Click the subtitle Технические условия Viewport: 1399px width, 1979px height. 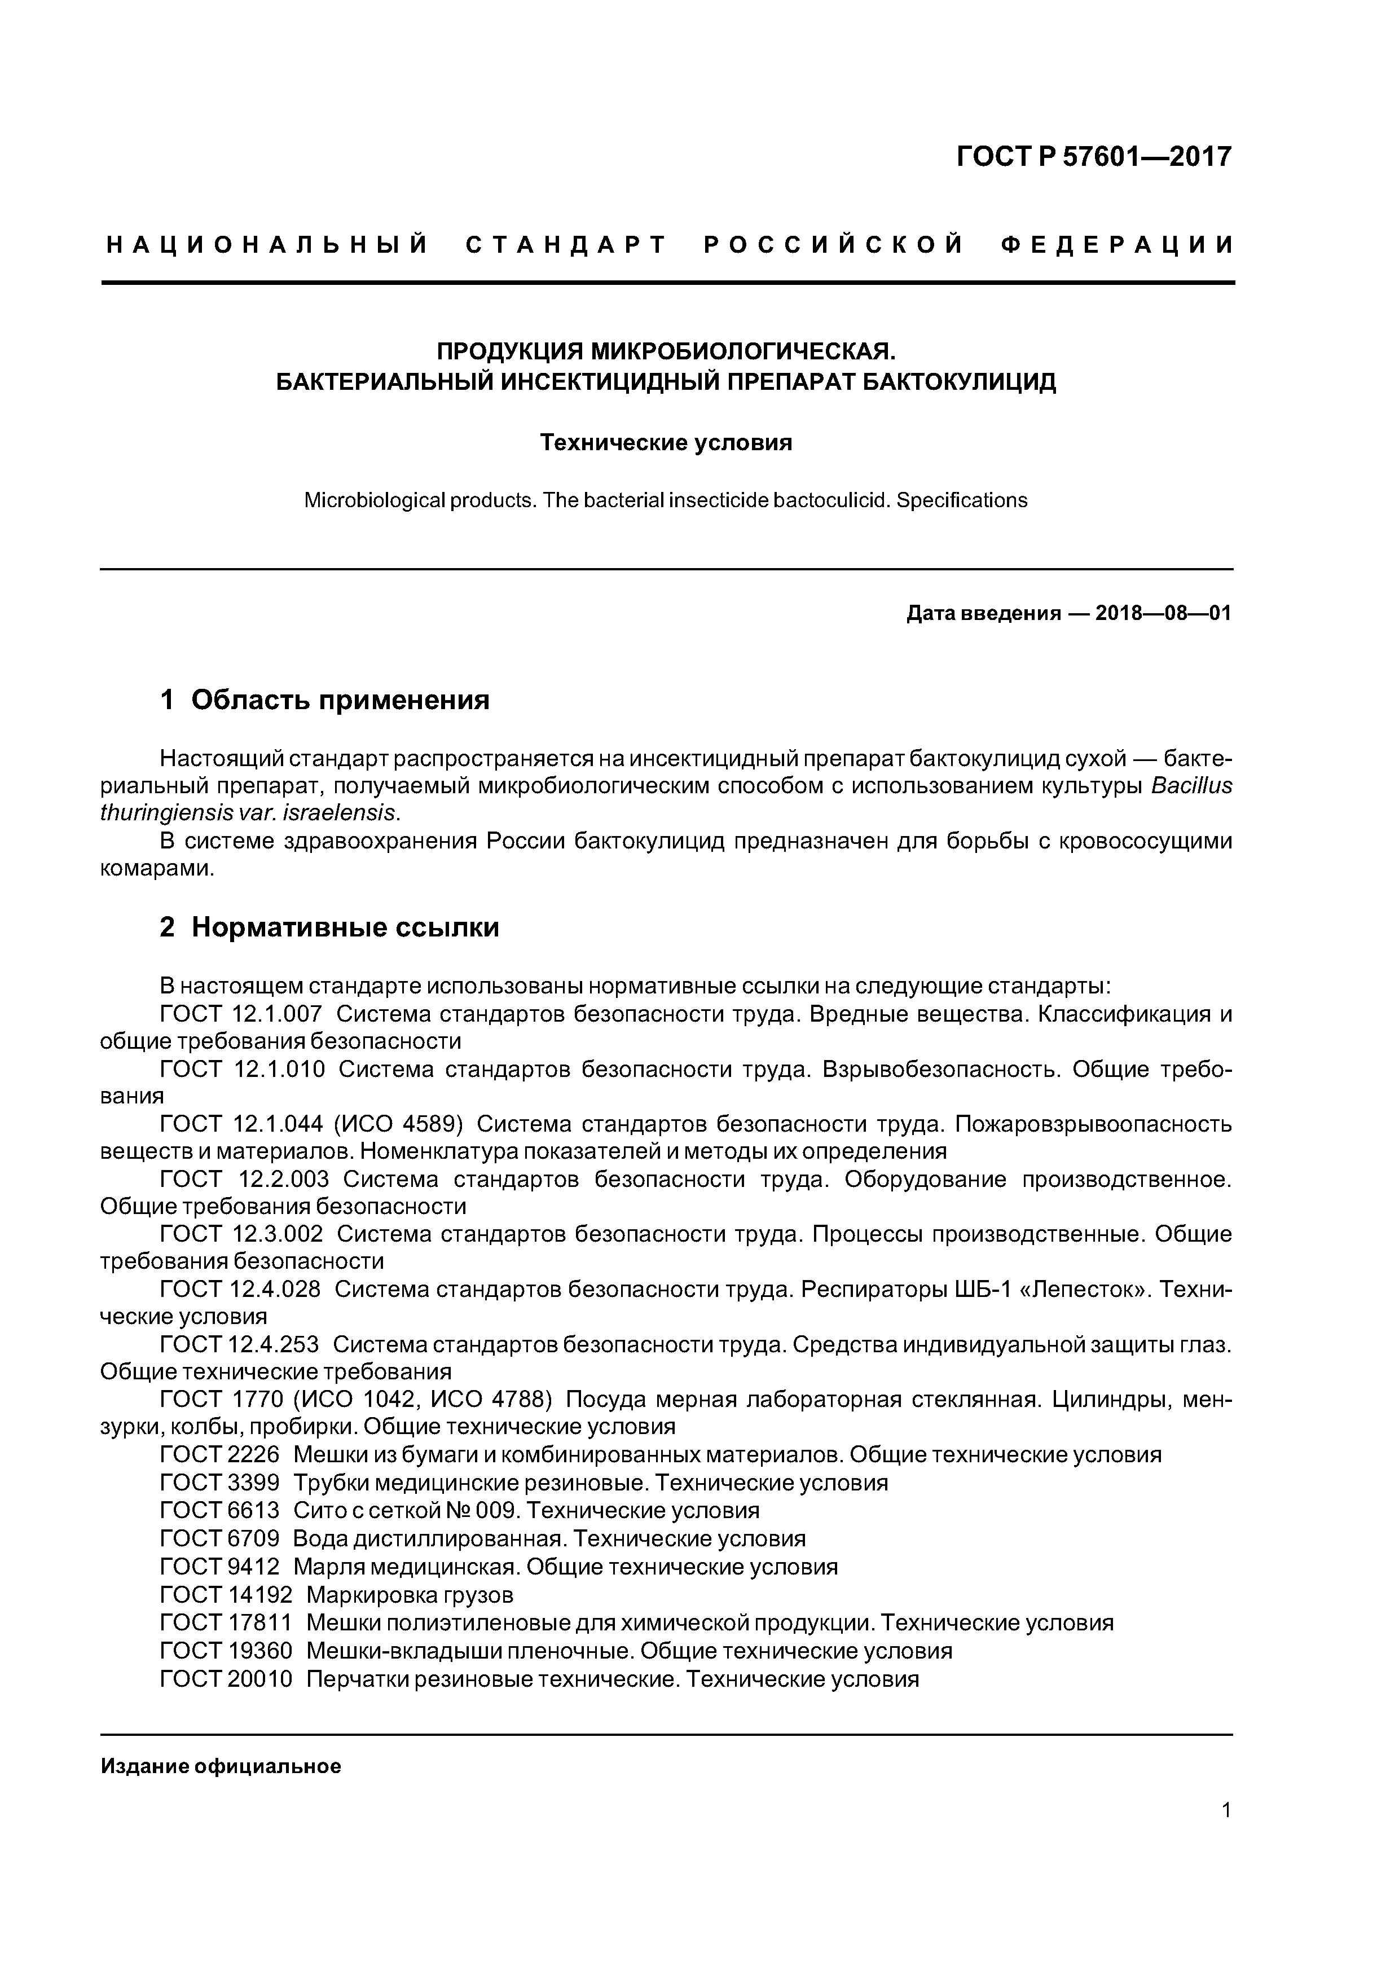point(666,443)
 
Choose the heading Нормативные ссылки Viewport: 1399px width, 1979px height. point(345,927)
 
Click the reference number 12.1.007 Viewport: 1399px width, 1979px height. point(278,1014)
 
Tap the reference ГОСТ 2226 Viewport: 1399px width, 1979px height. point(220,1455)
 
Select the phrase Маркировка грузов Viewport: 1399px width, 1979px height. point(410,1594)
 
